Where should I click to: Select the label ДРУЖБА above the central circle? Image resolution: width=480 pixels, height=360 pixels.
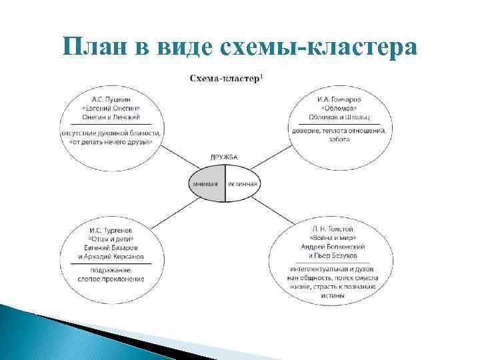224,157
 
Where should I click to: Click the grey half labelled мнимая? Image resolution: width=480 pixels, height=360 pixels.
206,183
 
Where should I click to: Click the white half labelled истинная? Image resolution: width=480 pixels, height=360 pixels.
243,183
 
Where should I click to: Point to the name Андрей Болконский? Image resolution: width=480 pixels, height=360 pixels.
336,247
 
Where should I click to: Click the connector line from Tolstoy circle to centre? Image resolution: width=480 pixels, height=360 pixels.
270,209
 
